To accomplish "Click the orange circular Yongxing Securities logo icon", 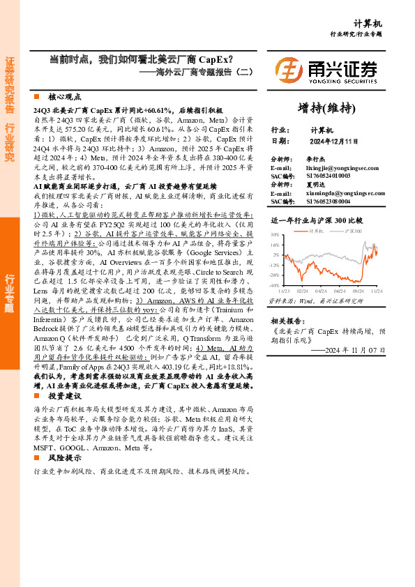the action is tap(288, 70).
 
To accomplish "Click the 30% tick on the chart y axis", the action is tap(275, 235).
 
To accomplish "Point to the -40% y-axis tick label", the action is tap(274, 285).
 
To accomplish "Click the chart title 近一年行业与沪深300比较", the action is tap(313, 220).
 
